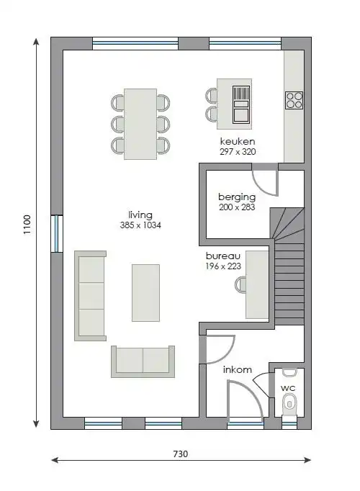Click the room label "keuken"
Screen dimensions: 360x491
pos(238,141)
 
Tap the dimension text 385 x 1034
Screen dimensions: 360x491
pos(140,225)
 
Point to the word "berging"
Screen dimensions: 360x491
pos(237,197)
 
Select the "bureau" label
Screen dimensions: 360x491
pos(223,256)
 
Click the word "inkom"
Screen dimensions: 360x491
pos(238,370)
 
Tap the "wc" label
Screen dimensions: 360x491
pos(288,388)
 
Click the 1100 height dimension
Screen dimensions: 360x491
pos(27,224)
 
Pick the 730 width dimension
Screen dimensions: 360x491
pos(180,454)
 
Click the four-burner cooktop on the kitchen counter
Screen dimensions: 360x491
pos(294,100)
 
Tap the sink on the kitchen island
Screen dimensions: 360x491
pos(241,104)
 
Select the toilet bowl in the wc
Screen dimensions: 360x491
pos(289,404)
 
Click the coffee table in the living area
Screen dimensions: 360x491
pos(145,293)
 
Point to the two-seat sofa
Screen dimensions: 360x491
pos(143,361)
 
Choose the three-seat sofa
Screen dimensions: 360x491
pos(90,296)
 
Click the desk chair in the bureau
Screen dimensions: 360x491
pos(240,285)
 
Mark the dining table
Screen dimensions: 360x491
pos(140,124)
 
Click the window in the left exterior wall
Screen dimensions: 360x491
pos(57,233)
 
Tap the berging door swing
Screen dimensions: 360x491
pos(266,184)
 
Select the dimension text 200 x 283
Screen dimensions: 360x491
pos(237,207)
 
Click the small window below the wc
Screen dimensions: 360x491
pos(289,423)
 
